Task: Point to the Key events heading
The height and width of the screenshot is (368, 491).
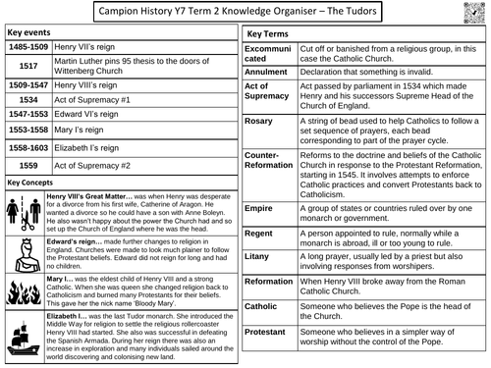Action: coord(30,32)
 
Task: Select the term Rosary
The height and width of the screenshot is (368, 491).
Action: coord(259,121)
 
